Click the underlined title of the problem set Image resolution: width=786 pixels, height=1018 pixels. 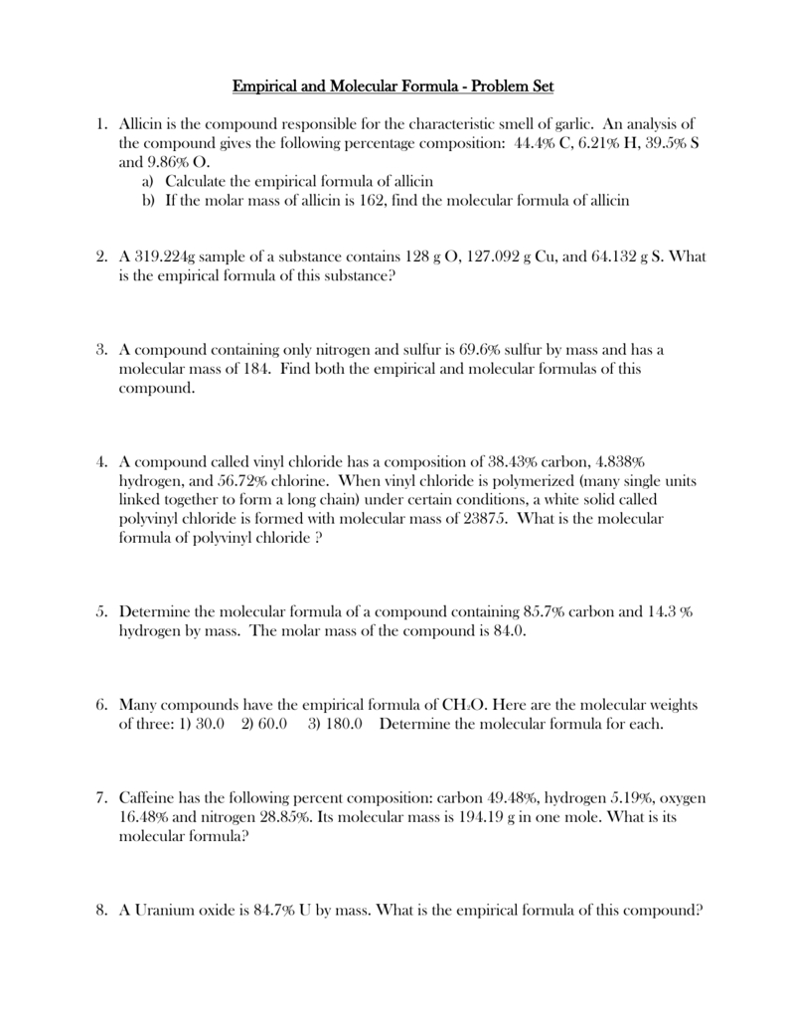tap(398, 86)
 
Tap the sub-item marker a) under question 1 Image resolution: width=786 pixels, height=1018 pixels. tap(148, 181)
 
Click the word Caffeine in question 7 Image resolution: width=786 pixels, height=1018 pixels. tap(151, 798)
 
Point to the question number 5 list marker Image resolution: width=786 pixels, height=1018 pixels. tap(101, 612)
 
